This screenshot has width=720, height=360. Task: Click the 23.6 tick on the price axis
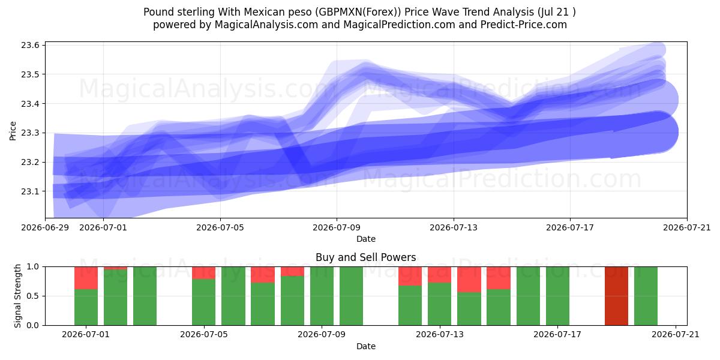(x=30, y=46)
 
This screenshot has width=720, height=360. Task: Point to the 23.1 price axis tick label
(x=30, y=191)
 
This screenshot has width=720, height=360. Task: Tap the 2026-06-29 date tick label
(x=45, y=227)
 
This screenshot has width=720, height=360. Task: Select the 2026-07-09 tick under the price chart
(x=337, y=227)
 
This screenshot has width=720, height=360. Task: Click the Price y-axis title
(x=13, y=131)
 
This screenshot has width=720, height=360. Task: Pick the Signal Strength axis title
(x=17, y=296)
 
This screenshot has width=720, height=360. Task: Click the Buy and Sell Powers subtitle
(x=366, y=257)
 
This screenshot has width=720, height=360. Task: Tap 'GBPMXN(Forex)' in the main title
(x=358, y=12)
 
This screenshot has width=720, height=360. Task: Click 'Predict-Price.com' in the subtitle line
(x=524, y=25)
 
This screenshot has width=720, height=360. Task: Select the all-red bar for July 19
(x=617, y=296)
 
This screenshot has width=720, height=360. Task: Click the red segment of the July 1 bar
(x=86, y=278)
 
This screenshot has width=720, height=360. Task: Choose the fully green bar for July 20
(x=646, y=296)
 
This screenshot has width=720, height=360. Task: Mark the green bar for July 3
(x=145, y=296)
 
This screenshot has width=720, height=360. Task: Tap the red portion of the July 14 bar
(x=469, y=280)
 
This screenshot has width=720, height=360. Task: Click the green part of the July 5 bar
(x=204, y=302)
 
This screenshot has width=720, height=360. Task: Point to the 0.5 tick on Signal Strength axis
(x=32, y=296)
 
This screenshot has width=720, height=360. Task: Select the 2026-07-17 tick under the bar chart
(x=557, y=335)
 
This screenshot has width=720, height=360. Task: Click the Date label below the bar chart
(x=366, y=346)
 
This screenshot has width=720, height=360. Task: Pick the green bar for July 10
(x=352, y=296)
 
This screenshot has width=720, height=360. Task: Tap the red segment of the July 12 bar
(x=410, y=276)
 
